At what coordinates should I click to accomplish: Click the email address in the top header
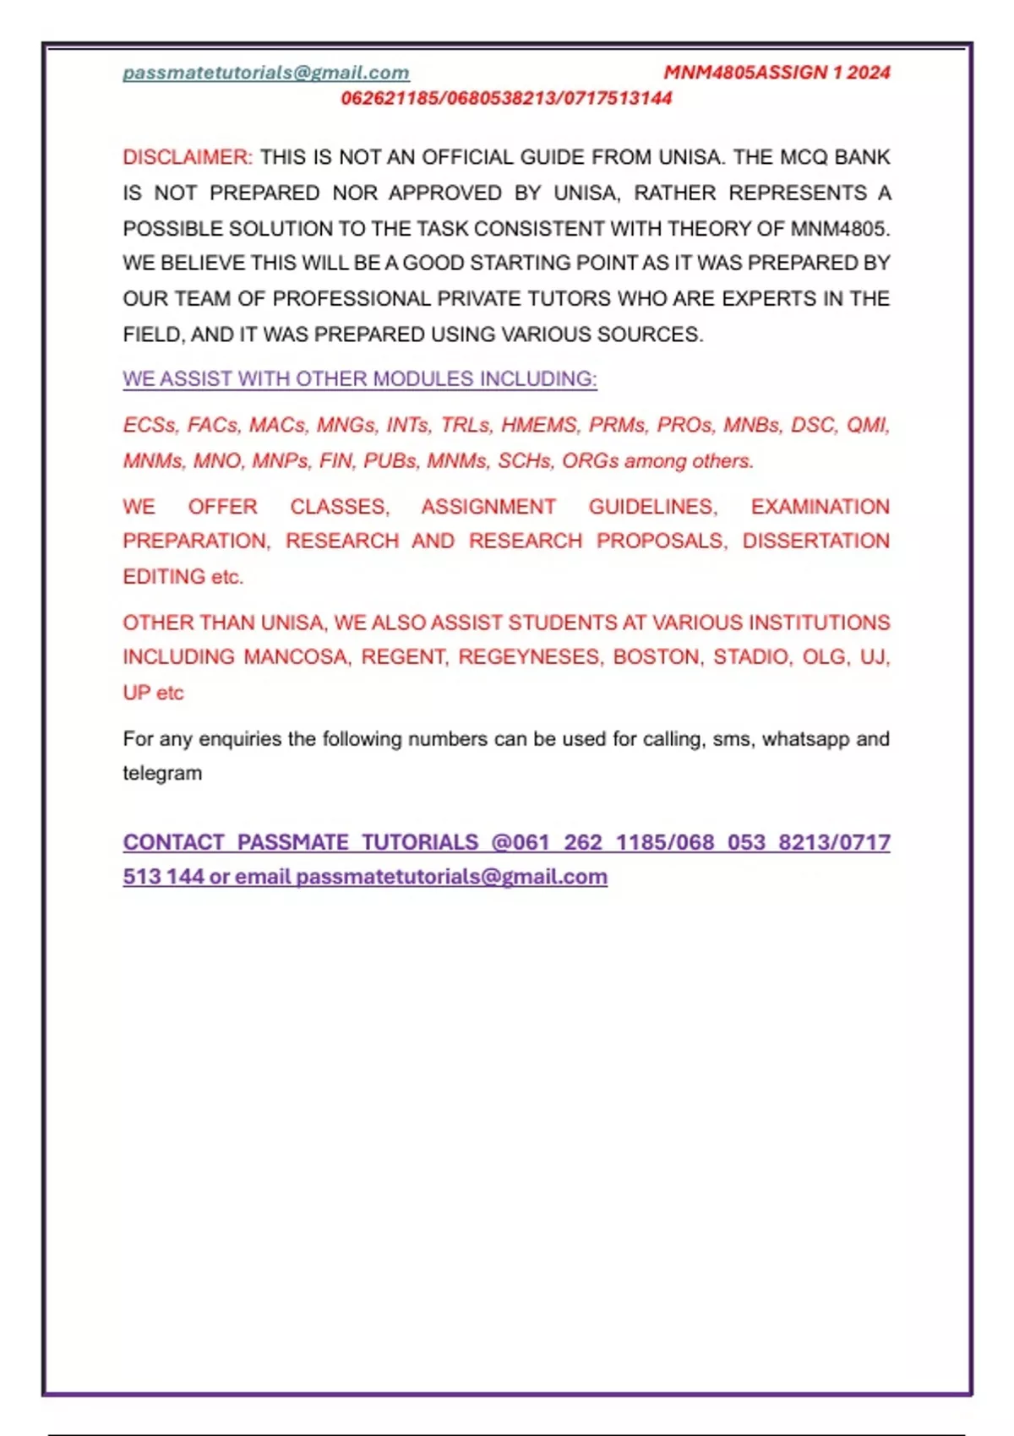point(266,73)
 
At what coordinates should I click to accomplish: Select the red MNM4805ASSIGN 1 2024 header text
point(777,73)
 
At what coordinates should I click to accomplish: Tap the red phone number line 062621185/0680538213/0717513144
point(506,98)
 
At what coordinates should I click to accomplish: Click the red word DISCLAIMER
point(187,157)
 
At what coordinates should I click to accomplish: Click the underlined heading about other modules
point(360,379)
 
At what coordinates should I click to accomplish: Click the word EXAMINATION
point(820,507)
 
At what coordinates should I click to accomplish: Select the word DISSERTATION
point(815,541)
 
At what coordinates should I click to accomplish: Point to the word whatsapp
point(804,739)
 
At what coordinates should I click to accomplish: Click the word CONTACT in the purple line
point(174,842)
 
